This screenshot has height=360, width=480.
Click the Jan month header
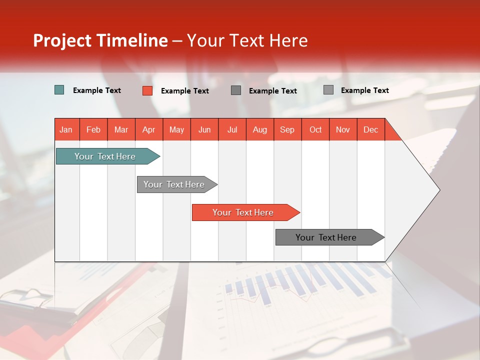(66, 129)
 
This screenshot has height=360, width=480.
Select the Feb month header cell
(93, 129)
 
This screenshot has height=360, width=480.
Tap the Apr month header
(148, 129)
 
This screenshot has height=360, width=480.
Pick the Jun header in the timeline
(204, 129)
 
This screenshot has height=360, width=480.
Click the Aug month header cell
(259, 129)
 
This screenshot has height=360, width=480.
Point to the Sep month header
(287, 129)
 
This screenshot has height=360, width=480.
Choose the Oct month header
(315, 129)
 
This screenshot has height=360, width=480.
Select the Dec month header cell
(370, 129)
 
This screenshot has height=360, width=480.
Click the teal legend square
(59, 90)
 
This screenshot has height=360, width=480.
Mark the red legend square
(147, 90)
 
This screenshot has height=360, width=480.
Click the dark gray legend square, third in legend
(236, 90)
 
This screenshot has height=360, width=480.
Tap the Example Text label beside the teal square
(97, 90)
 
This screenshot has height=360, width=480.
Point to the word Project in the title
(62, 40)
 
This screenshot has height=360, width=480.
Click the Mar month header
(121, 129)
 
